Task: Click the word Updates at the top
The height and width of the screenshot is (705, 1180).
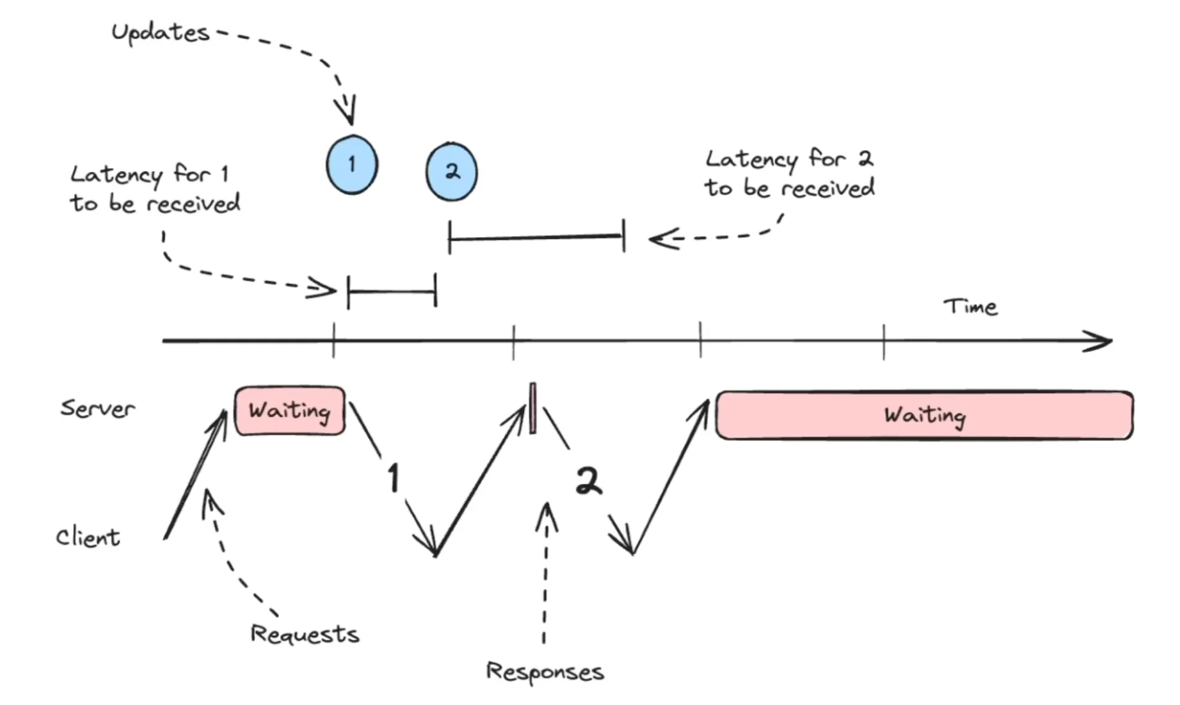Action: click(x=160, y=33)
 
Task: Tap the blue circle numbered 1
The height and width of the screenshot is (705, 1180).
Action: click(x=352, y=164)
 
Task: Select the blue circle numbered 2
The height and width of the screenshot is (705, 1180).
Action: click(x=452, y=172)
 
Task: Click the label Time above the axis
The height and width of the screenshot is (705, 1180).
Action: click(x=970, y=307)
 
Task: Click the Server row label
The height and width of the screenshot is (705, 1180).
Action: click(x=98, y=409)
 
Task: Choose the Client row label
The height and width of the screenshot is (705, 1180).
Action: click(x=88, y=537)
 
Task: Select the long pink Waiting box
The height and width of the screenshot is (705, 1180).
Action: click(x=924, y=415)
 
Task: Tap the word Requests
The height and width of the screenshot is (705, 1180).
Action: click(x=305, y=634)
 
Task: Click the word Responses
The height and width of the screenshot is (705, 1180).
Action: click(x=545, y=672)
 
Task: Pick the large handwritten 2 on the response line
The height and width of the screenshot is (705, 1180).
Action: click(x=588, y=481)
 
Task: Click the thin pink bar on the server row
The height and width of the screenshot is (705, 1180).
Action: click(x=533, y=408)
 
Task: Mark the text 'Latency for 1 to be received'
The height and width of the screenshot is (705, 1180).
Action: click(x=155, y=189)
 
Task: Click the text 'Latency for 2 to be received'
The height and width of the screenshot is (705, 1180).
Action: click(x=789, y=173)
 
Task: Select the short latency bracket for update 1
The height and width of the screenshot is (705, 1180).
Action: click(x=392, y=291)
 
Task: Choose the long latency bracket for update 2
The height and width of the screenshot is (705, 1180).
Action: click(x=536, y=236)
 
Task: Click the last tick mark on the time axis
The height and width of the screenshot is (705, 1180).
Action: click(x=884, y=341)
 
